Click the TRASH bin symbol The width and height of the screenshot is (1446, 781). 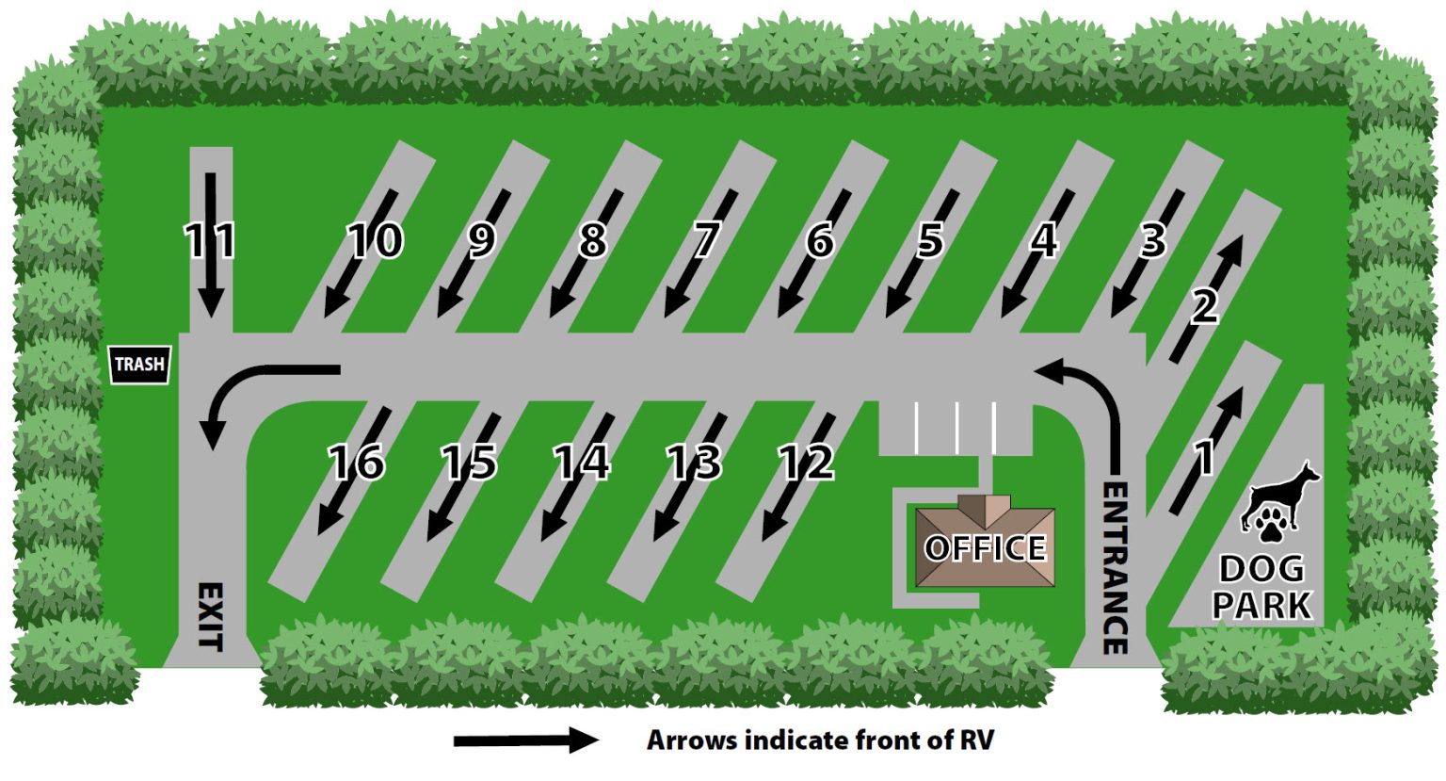pos(140,365)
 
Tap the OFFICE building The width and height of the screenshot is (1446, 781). pos(985,546)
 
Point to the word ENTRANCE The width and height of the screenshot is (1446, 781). pos(1115,568)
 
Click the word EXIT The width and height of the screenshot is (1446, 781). pos(211,617)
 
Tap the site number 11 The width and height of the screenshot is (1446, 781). pos(209,240)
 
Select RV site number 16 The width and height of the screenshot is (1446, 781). pos(357,462)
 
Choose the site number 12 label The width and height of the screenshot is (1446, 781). pos(807,462)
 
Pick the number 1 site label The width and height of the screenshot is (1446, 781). pos(1204,457)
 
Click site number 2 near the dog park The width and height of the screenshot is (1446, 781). pos(1204,307)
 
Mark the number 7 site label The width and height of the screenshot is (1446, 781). pos(706,240)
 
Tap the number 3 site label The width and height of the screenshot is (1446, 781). pos(1153,240)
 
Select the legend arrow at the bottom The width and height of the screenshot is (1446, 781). pos(526,740)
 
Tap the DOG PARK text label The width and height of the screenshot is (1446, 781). pos(1261,587)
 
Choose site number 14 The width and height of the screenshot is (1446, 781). pos(582,462)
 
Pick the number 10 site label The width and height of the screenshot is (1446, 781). pos(376,240)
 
